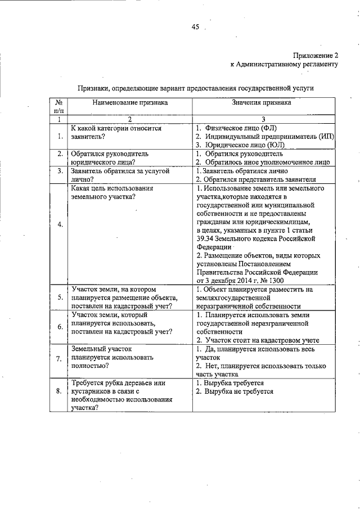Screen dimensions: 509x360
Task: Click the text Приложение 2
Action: tap(315, 55)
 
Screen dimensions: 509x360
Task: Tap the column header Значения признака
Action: tap(260, 103)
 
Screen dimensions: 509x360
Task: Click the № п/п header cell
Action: tap(58, 107)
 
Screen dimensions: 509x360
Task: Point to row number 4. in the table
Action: tap(59, 224)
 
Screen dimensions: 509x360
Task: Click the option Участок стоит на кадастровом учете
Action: tap(262, 340)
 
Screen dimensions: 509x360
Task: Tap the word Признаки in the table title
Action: tap(93, 88)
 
